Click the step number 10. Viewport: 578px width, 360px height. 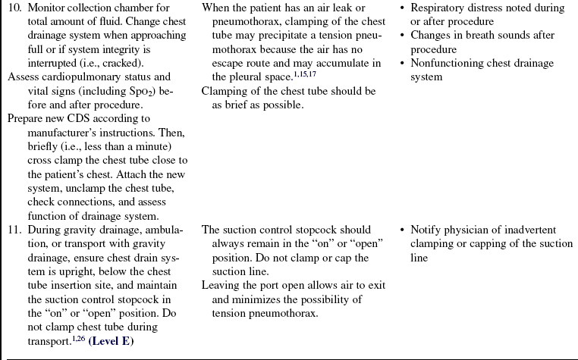click(x=14, y=8)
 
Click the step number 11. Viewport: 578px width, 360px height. click(x=14, y=230)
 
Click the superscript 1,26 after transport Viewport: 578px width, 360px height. click(x=76, y=338)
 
